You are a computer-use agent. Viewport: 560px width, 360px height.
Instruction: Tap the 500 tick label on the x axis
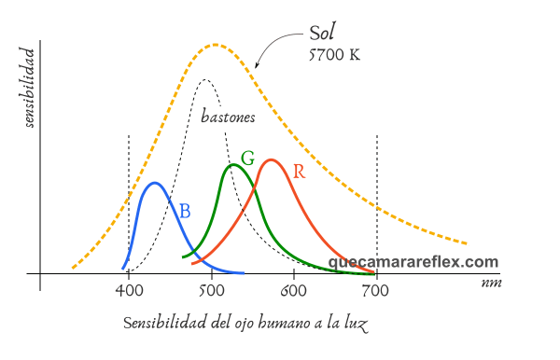coord(211,291)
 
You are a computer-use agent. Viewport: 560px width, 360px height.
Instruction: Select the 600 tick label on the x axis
coord(293,291)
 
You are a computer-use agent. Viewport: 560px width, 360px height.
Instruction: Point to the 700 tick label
coord(376,291)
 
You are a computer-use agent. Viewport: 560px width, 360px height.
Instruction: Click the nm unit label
coord(492,281)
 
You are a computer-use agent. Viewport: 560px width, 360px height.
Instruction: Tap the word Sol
coord(322,34)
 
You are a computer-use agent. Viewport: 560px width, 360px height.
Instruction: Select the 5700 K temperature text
coord(333,54)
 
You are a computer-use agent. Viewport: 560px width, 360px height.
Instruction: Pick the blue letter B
coord(185,212)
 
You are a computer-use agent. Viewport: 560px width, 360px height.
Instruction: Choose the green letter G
coord(247,158)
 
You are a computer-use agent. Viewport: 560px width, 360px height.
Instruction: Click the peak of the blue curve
coord(155,183)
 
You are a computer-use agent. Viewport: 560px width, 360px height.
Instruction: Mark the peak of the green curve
coord(233,165)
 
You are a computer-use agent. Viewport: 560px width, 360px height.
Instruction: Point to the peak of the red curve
coord(271,160)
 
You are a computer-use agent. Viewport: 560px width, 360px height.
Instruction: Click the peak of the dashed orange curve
coord(215,44)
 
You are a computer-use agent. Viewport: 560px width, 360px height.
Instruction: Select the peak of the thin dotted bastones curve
coord(205,80)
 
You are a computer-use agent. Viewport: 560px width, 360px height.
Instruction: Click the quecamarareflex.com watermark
coord(413,263)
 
